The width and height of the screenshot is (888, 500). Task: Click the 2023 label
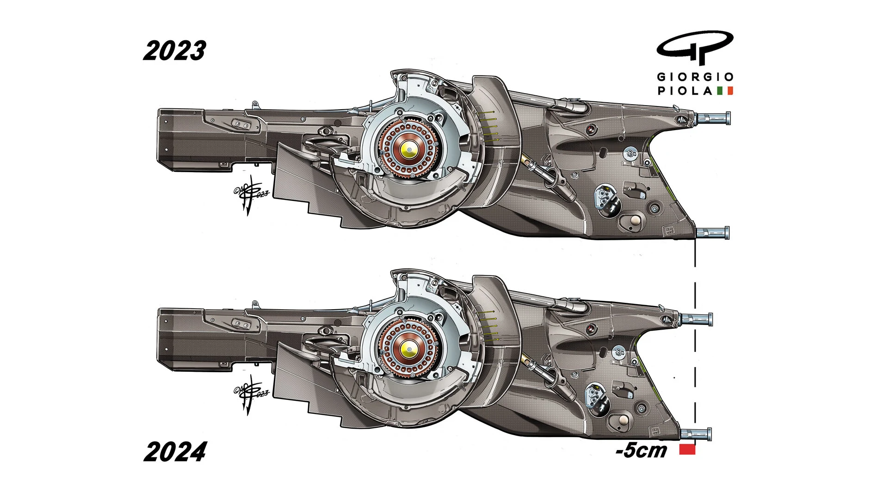click(x=174, y=51)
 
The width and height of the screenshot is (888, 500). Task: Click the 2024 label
click(x=175, y=452)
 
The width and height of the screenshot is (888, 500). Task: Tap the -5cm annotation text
click(x=641, y=450)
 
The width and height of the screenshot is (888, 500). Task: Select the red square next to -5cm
click(x=687, y=450)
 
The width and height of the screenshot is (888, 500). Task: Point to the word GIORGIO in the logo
click(x=695, y=77)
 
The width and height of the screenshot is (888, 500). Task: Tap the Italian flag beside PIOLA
click(x=725, y=91)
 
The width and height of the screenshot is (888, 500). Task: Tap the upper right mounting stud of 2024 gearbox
click(x=696, y=319)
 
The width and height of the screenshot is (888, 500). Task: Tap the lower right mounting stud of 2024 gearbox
click(x=696, y=434)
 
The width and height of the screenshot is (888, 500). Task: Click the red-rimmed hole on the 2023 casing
click(x=589, y=129)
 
